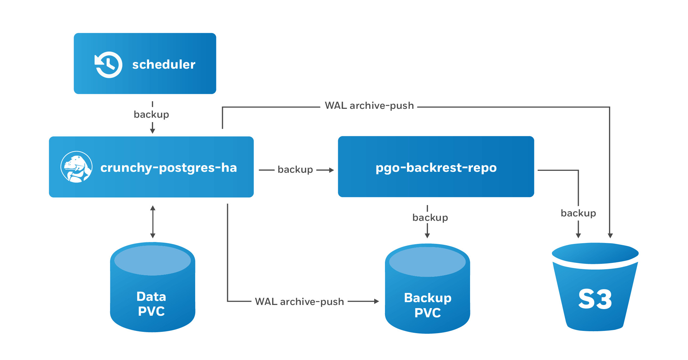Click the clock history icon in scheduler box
click(108, 64)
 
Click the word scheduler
click(164, 65)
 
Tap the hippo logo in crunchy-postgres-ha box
click(76, 167)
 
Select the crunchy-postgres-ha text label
click(168, 168)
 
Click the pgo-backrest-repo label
click(436, 168)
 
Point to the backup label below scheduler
click(151, 115)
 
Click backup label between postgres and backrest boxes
click(295, 170)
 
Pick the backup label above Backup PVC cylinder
click(430, 218)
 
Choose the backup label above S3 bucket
click(578, 213)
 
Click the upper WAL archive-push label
click(369, 106)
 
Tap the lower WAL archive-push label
click(299, 302)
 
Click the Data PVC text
click(152, 304)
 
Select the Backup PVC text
click(428, 305)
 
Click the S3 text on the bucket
click(595, 299)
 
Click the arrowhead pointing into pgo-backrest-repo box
click(332, 170)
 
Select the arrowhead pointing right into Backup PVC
click(376, 301)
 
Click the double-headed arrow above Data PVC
click(153, 222)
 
